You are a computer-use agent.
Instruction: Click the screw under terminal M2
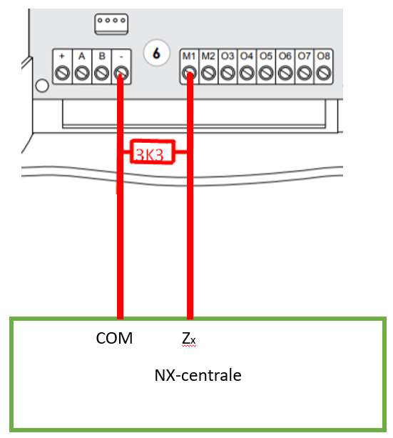208,74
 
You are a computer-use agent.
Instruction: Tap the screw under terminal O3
228,74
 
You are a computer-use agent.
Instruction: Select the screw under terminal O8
324,74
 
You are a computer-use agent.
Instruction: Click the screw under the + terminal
62,74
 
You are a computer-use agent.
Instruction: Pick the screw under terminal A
82,74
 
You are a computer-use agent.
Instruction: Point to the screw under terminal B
101,74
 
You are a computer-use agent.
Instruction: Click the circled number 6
156,53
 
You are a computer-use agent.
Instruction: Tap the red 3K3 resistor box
153,151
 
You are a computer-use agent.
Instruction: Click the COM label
114,338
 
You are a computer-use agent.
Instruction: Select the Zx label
189,339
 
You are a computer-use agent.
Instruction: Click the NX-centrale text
198,375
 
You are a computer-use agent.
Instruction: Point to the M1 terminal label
189,56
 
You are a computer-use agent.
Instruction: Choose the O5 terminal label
266,56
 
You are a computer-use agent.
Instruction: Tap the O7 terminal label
304,56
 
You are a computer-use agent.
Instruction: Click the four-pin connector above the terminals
111,24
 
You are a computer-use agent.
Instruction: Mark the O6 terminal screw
285,74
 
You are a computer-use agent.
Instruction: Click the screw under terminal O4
247,74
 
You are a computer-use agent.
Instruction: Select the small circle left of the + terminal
42,86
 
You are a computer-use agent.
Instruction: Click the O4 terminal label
247,56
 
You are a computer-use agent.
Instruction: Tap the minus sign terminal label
121,56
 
